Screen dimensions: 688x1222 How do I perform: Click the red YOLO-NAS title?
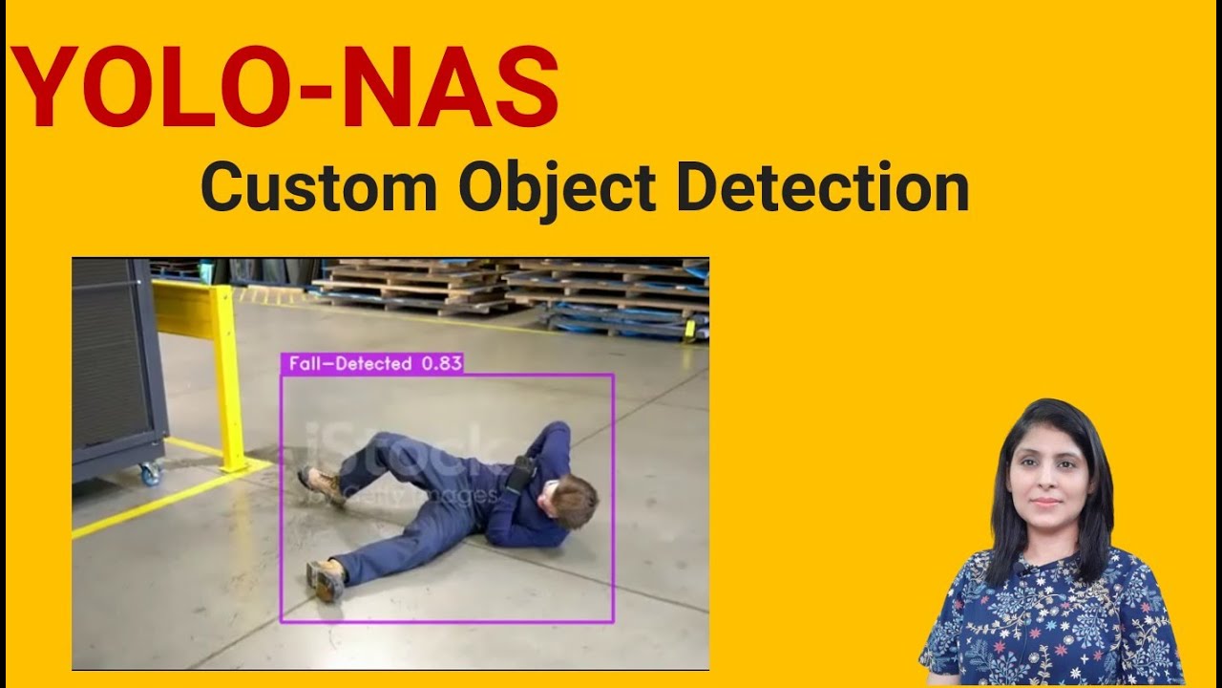pyautogui.click(x=284, y=88)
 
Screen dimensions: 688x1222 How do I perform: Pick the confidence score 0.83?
pyautogui.click(x=441, y=364)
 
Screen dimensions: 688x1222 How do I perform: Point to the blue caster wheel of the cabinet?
pyautogui.click(x=149, y=473)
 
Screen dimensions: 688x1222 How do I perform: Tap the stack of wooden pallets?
pyautogui.click(x=411, y=285)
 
